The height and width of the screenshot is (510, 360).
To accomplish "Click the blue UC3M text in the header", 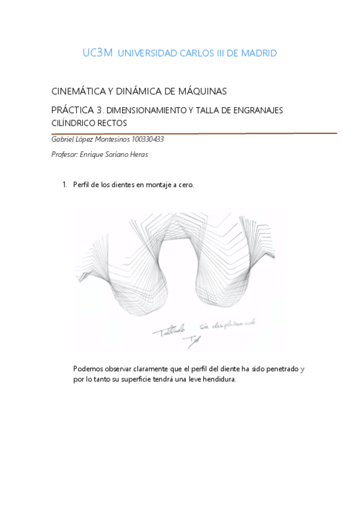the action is click(x=97, y=53).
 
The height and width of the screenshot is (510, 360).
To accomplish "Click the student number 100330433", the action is click(x=148, y=140).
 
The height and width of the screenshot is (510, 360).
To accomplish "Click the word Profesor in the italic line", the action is click(x=66, y=154).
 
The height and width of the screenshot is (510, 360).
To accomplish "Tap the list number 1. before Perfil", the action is click(x=65, y=185).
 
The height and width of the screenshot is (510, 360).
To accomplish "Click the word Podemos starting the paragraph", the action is click(x=88, y=369).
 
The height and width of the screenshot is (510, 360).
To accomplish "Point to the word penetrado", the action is click(x=278, y=369).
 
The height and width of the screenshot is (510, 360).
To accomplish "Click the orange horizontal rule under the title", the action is click(x=195, y=133).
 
